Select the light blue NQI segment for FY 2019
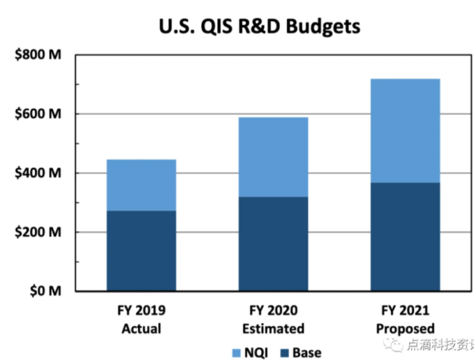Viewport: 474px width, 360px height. point(141,185)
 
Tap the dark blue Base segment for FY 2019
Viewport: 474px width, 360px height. point(141,250)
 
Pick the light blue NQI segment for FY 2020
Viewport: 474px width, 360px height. point(273,157)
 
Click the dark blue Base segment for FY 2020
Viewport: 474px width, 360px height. point(273,243)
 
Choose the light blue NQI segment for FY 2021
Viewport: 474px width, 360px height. point(405,130)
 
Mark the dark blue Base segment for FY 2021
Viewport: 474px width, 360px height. point(405,237)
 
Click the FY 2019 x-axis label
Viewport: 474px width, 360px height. point(142,310)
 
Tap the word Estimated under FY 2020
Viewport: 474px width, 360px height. point(273,328)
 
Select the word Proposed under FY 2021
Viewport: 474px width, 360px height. point(405,328)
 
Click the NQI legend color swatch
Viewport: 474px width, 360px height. point(235,352)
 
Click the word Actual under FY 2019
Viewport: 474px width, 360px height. point(142,328)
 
